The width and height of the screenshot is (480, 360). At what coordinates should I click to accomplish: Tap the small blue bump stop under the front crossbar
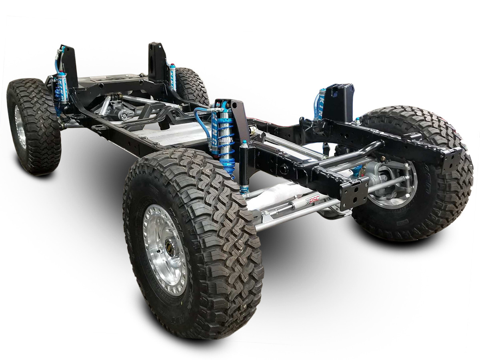coord(357,170)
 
